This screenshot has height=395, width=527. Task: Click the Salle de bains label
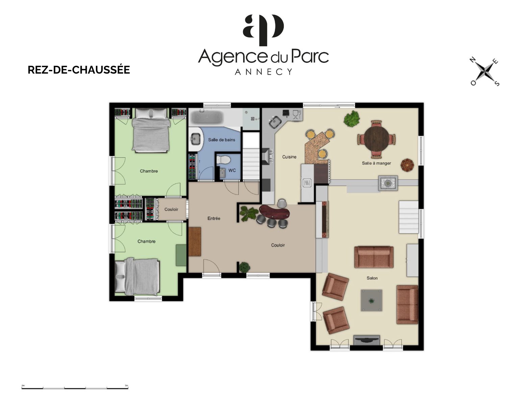[x=221, y=140]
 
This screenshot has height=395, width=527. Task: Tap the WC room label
[x=232, y=170]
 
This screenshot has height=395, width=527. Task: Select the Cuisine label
[x=289, y=157]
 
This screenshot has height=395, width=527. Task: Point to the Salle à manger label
[x=376, y=163]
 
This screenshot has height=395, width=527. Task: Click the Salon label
[x=372, y=278]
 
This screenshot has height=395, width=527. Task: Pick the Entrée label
[x=214, y=218]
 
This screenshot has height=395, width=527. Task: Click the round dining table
[x=376, y=139]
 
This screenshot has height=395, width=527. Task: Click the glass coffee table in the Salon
[x=371, y=300]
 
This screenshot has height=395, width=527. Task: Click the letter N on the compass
[x=473, y=60]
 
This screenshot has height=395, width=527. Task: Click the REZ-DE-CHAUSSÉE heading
[x=79, y=70]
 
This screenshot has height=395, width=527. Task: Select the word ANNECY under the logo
[x=263, y=72]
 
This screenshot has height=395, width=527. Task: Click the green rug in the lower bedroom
[x=181, y=255]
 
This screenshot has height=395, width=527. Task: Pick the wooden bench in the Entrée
[x=195, y=241]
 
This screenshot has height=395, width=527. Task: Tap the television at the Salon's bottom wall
[x=367, y=340]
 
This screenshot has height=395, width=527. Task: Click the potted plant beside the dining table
[x=352, y=119]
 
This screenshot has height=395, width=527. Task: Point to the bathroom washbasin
[x=196, y=139]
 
